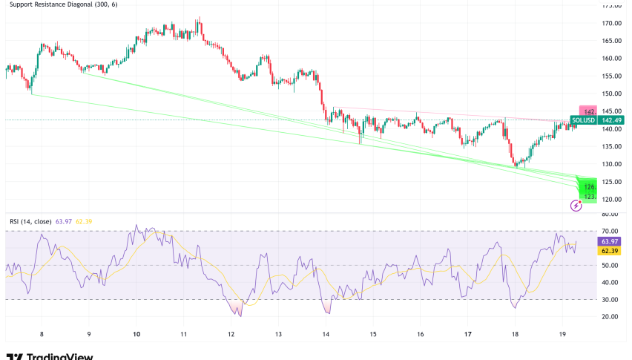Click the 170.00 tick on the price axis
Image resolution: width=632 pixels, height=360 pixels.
[x=611, y=23]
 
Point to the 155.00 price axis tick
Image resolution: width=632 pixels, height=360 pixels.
[x=611, y=76]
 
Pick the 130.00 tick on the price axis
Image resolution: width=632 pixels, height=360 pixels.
[x=611, y=164]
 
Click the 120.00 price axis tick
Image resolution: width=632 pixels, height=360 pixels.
[x=611, y=200]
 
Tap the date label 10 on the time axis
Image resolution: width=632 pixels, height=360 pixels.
[x=137, y=335]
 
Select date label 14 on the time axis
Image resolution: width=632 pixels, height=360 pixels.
[x=326, y=335]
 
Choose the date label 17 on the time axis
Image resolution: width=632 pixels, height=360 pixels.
[x=467, y=335]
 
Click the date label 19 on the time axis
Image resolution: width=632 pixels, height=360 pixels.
[x=562, y=335]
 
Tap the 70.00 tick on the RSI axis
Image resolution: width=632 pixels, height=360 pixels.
[x=610, y=232]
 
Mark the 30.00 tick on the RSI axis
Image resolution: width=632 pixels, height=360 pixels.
[x=610, y=300]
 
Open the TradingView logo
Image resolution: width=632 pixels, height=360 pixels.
[x=50, y=355]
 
